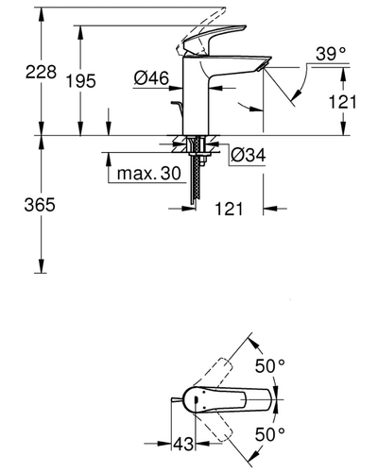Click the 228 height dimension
point(20,73)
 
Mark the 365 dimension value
point(20,205)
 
